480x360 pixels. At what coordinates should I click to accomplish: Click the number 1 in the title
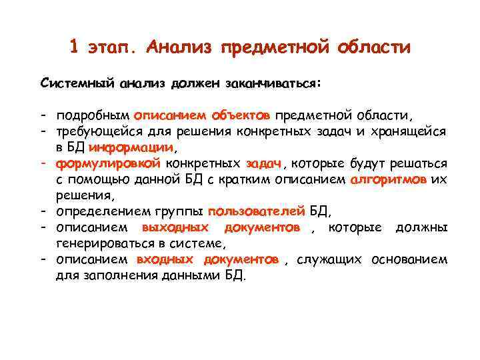75,47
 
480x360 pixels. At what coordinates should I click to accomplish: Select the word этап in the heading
113,47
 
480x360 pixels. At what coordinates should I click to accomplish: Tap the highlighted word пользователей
257,212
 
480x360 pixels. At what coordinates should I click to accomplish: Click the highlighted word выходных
175,228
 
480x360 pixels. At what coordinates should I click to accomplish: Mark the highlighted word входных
165,260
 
